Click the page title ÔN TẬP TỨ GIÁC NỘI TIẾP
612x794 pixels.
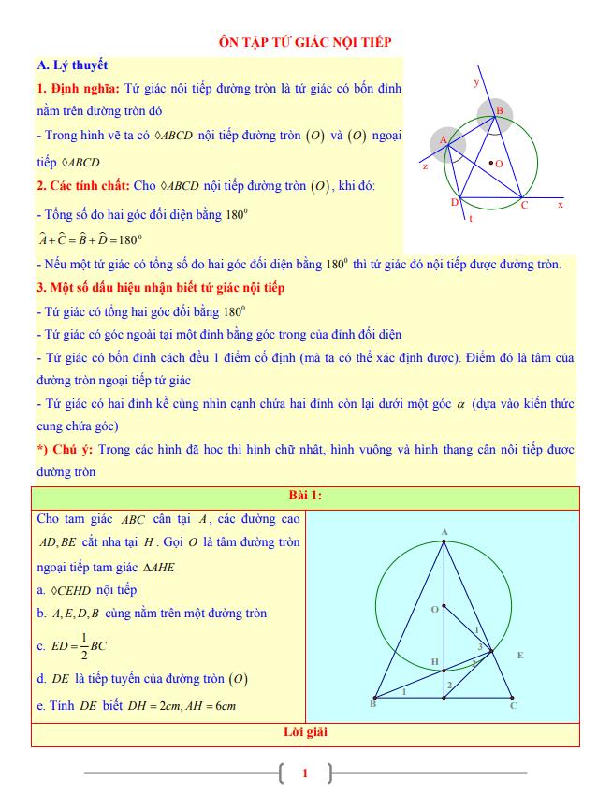tap(304, 42)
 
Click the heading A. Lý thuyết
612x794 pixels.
tap(72, 65)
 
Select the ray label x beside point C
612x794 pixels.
tap(561, 203)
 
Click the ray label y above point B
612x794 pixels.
tap(476, 82)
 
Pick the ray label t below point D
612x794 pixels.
tap(470, 219)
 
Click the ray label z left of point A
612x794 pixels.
tap(425, 166)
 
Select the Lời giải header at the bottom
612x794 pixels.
tap(305, 733)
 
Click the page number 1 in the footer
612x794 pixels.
tap(305, 773)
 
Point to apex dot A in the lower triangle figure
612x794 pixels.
tap(444, 541)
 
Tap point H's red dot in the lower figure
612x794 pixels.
tap(444, 670)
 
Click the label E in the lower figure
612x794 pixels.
tap(520, 656)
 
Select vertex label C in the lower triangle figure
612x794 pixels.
tap(513, 707)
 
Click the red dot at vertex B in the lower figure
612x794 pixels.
tap(374, 697)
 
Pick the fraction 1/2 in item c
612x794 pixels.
tap(85, 645)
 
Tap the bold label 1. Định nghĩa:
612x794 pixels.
tap(78, 89)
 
